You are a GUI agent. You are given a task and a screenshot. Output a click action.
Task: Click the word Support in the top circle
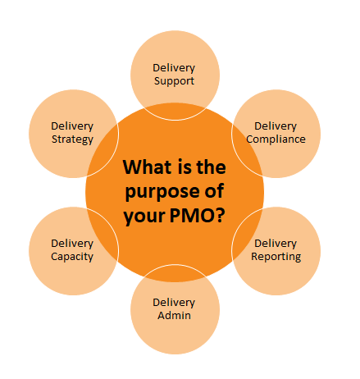[x=174, y=81]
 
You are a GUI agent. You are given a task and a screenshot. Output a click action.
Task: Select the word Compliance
[x=276, y=139]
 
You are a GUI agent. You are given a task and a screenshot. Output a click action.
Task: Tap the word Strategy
[x=72, y=139]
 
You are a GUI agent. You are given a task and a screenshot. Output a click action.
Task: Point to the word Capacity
[x=72, y=257]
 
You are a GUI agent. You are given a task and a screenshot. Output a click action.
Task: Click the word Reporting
[x=276, y=257]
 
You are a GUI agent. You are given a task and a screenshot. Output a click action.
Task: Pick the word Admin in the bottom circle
[x=174, y=315]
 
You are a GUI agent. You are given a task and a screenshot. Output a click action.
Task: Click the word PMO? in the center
[x=198, y=216]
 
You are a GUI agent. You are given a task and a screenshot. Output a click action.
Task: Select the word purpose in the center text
[x=162, y=192]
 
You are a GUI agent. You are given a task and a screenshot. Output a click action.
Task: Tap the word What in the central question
[x=148, y=167]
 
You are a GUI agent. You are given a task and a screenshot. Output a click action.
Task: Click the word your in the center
[x=144, y=217]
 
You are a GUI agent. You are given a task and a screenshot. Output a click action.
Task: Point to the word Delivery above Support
[x=174, y=68]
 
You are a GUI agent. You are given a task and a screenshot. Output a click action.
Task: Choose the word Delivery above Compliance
[x=276, y=126]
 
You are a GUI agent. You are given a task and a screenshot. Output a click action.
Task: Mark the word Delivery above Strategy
[x=72, y=126]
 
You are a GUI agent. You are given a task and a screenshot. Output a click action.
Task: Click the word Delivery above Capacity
[x=72, y=244]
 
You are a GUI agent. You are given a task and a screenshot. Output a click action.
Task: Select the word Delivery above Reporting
[x=276, y=244]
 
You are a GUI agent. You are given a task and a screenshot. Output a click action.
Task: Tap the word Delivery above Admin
[x=174, y=303]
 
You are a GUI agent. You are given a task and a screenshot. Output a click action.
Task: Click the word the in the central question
[x=211, y=167]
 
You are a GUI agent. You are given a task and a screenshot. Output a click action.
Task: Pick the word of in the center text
[x=214, y=191]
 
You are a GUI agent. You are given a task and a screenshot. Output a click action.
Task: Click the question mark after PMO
[x=221, y=216]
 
